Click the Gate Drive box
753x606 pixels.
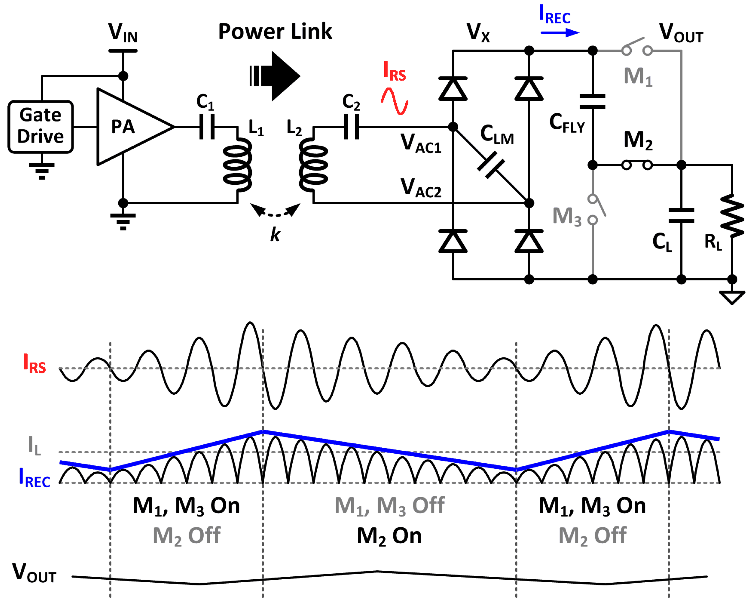click(x=41, y=127)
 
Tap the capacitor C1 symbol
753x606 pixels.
click(x=207, y=127)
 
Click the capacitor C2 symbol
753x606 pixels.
click(x=351, y=127)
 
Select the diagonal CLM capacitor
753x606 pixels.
click(x=491, y=165)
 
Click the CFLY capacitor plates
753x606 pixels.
click(x=592, y=101)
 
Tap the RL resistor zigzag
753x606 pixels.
click(x=732, y=216)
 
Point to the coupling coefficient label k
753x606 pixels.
click(x=275, y=234)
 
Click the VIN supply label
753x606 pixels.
click(x=123, y=33)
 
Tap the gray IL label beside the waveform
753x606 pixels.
click(x=34, y=445)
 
